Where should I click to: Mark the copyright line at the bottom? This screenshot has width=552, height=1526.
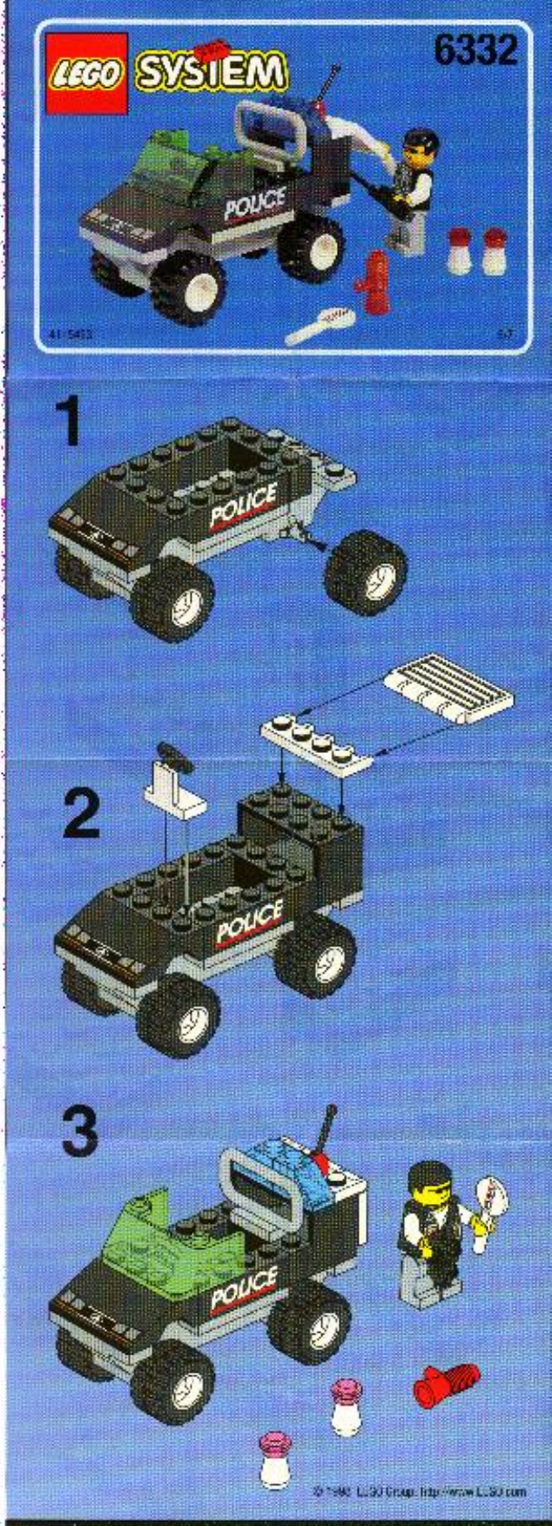pos(418,1490)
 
